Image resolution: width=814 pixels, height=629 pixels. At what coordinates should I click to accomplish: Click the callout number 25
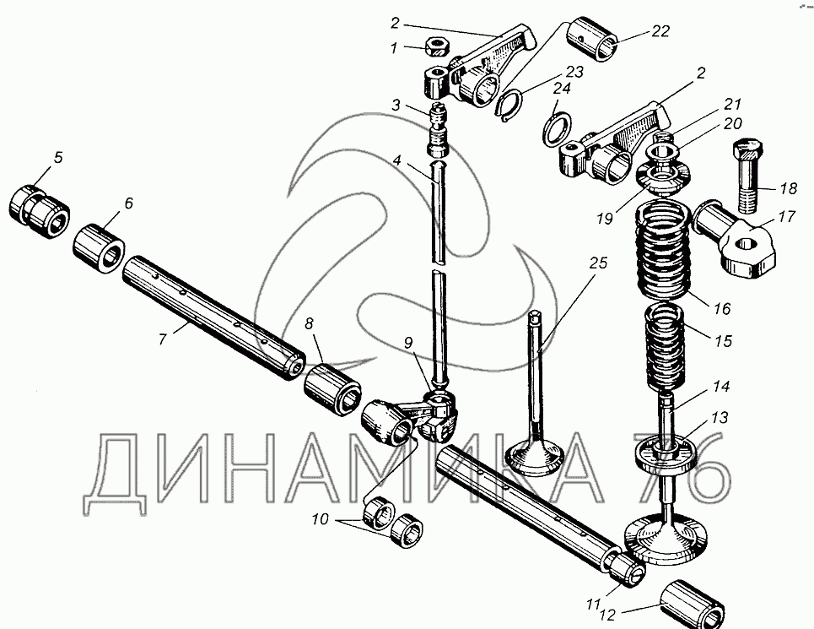(x=598, y=264)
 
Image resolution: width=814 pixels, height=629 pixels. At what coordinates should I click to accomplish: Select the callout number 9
(x=408, y=344)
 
